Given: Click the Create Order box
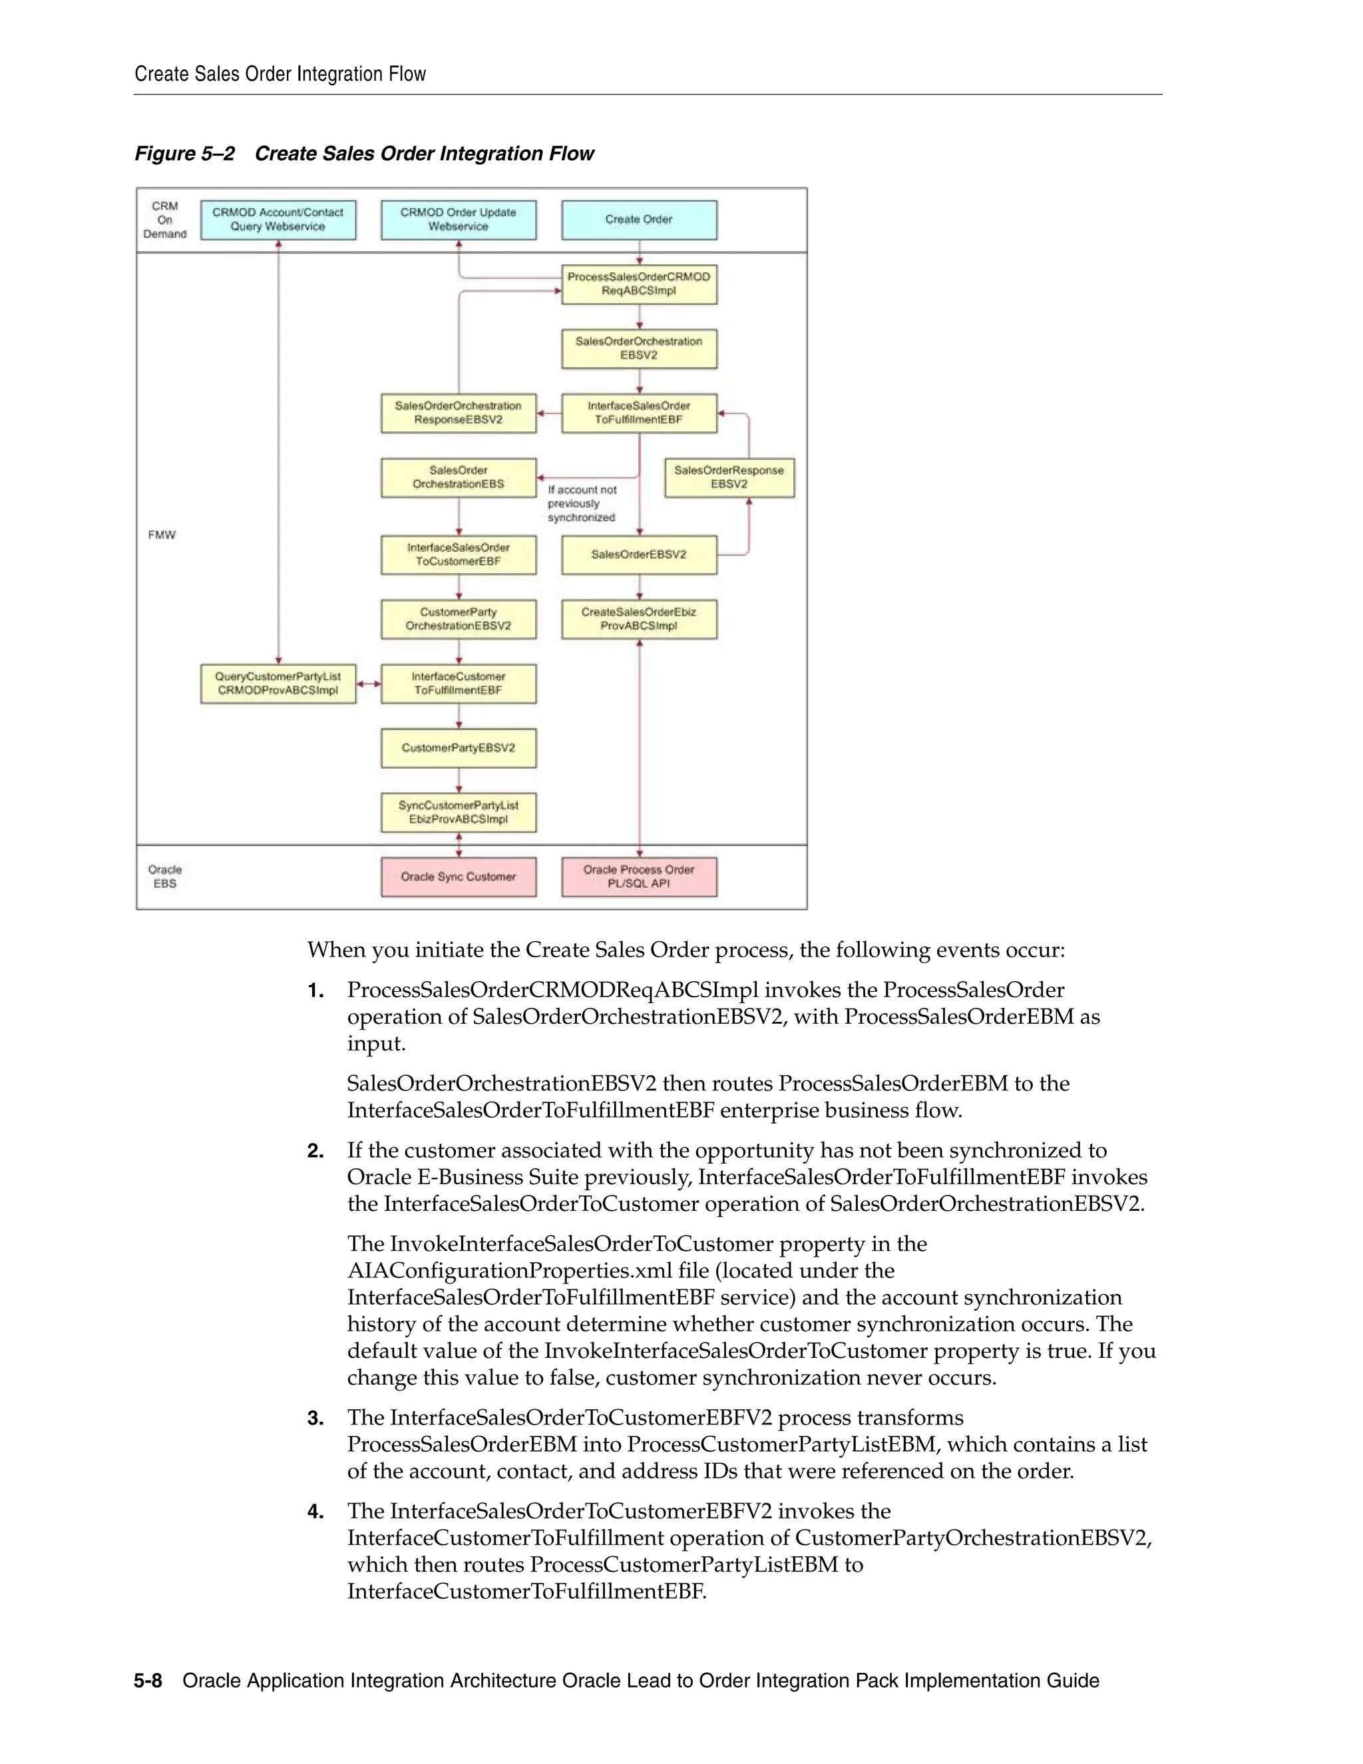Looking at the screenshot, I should pyautogui.click(x=639, y=220).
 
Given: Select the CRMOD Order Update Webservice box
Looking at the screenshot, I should pyautogui.click(x=458, y=220).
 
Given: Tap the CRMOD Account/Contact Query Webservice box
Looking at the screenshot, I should pyautogui.click(x=278, y=220).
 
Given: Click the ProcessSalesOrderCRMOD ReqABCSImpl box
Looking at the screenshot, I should pyautogui.click(x=639, y=284).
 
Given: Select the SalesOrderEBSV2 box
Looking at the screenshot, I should pyautogui.click(x=639, y=555).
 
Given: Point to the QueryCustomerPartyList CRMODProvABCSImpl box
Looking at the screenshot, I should pyautogui.click(x=278, y=684).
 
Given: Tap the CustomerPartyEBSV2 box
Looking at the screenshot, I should pyautogui.click(x=458, y=748).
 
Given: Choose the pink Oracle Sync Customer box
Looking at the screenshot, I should pyautogui.click(x=458, y=877).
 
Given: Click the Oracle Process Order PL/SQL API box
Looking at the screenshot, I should pyautogui.click(x=639, y=877).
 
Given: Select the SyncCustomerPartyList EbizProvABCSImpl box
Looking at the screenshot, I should pyautogui.click(x=458, y=813).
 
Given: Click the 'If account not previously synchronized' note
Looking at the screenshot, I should pyautogui.click(x=582, y=504).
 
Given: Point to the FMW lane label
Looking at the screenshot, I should pyautogui.click(x=162, y=535).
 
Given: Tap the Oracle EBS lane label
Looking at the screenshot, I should pyautogui.click(x=165, y=877).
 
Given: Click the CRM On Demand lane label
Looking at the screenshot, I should pyautogui.click(x=165, y=220).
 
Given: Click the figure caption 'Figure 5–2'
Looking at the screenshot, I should pyautogui.click(x=184, y=154).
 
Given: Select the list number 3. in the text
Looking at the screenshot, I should pyautogui.click(x=315, y=1419).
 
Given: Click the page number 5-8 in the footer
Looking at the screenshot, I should pyautogui.click(x=148, y=1681).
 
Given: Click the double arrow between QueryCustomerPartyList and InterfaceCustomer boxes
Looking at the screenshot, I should pyautogui.click(x=368, y=684).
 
